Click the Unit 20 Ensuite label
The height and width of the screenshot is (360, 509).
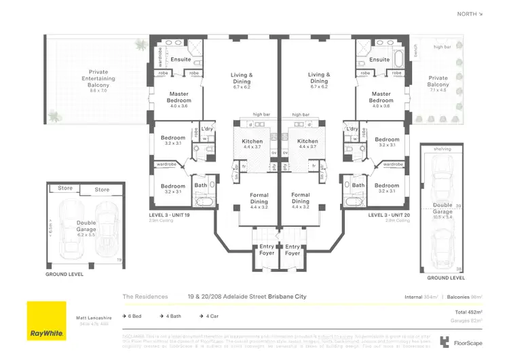pos(379,60)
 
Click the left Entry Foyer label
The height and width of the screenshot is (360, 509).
pos(267,250)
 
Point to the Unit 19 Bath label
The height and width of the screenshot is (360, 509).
pos(200,185)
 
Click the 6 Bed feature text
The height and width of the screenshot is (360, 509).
pos(135,315)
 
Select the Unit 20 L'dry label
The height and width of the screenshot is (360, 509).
pos(352,128)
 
